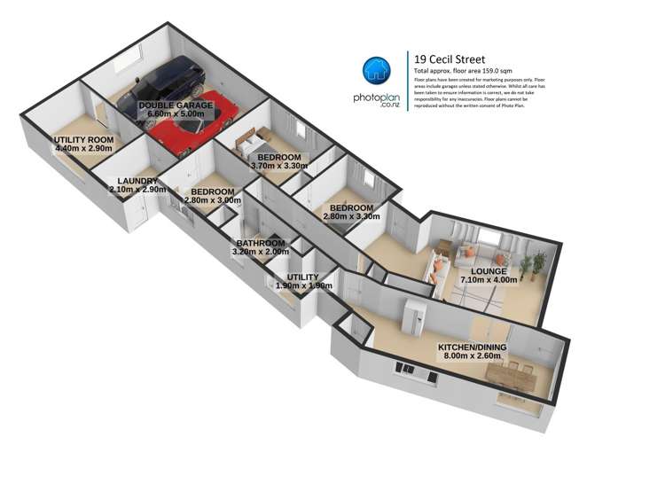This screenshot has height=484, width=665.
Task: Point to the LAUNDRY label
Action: coord(133,181)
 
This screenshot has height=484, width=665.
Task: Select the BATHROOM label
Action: coord(260,243)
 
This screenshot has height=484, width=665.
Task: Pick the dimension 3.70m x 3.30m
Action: coord(278,166)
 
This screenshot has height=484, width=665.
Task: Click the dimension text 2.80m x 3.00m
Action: coord(212,200)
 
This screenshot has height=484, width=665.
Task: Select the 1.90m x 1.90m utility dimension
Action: coord(303,286)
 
